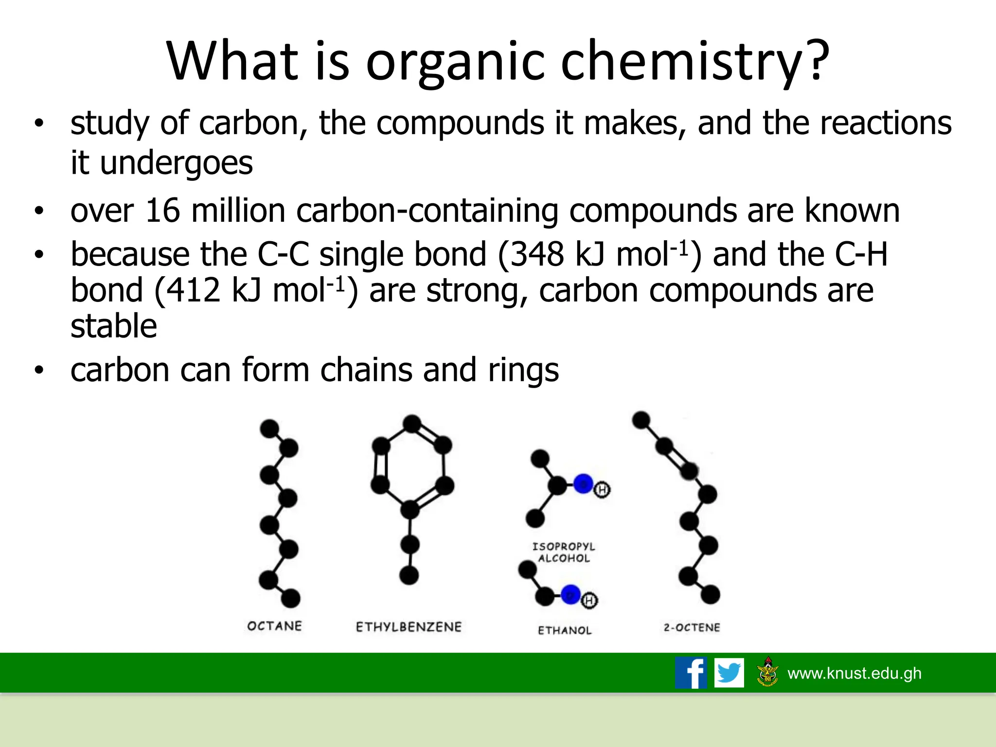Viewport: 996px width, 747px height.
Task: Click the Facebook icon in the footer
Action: point(691,673)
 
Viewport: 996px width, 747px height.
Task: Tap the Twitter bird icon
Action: point(729,673)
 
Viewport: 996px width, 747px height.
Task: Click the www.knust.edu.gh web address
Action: point(854,673)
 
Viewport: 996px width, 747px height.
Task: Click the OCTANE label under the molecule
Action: point(274,626)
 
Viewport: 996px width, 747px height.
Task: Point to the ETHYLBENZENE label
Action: point(409,627)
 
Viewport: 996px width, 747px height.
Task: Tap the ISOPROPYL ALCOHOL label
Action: point(564,552)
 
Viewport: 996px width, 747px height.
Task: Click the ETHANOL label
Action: point(565,630)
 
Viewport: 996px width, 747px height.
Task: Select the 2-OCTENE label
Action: point(692,627)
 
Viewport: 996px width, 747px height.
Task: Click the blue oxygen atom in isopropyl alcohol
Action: point(583,483)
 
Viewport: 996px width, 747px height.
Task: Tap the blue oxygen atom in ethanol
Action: point(571,594)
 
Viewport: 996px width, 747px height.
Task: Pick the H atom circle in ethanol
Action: point(589,601)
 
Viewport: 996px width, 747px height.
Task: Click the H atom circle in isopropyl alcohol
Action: point(602,490)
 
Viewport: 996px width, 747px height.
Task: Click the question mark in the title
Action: point(813,59)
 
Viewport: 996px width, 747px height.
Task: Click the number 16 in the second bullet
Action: point(162,211)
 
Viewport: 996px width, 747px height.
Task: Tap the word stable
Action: point(114,326)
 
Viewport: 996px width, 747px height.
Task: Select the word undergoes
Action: point(176,163)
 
